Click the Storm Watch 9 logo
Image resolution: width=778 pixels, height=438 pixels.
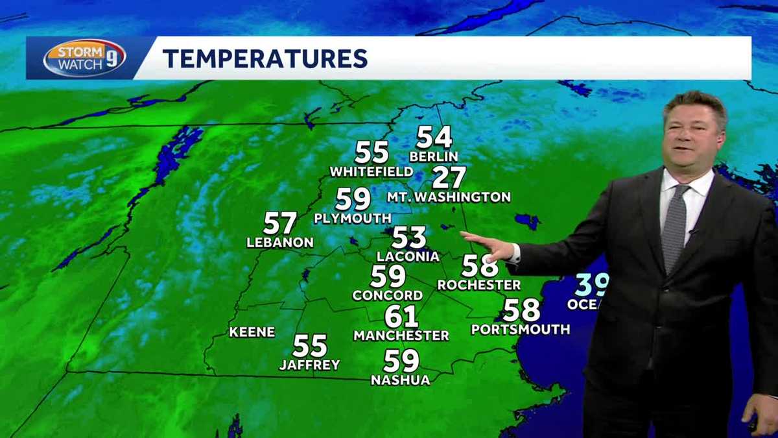coord(84,58)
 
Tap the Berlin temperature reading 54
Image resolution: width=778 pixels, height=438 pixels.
coord(434,138)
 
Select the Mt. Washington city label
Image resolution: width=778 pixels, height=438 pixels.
coord(449,197)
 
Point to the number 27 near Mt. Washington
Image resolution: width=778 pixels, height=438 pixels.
coord(449,177)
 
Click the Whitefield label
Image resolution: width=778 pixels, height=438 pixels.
coord(371,172)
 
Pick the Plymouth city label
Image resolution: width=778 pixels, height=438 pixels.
coord(353,219)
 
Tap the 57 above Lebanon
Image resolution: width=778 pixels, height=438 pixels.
coord(280,224)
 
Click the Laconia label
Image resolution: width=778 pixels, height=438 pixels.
coord(408,256)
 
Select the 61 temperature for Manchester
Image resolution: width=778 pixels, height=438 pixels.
coord(401,317)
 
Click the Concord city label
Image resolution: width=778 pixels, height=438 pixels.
coord(388,295)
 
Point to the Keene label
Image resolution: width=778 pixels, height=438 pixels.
coord(252,332)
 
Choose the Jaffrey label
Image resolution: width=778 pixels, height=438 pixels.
coord(309,365)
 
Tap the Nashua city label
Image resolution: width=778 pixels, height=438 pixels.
coord(401,380)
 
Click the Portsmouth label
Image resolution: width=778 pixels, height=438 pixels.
coord(521,330)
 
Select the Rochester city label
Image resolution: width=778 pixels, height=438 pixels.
coord(479,285)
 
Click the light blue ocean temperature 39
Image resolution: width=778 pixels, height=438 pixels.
coord(591,285)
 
